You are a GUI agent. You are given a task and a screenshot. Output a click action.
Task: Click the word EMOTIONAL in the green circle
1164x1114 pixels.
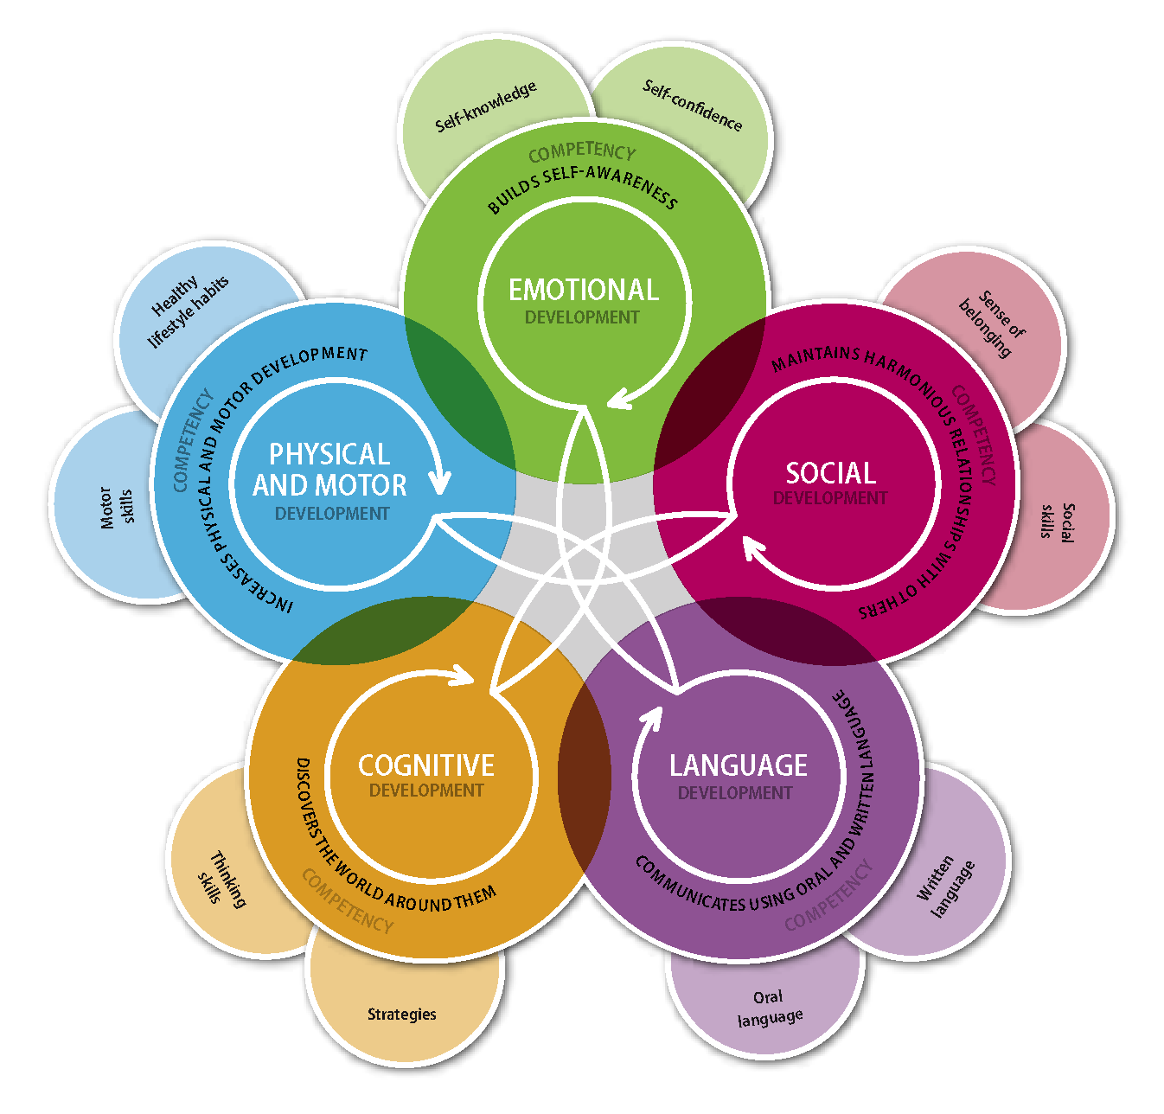[583, 290]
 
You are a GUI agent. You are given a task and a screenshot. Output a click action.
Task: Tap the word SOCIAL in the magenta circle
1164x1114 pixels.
[830, 473]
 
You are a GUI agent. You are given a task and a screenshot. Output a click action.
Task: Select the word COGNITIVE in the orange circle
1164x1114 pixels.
[426, 765]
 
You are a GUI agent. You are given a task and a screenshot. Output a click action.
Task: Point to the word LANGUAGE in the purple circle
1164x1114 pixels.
[738, 765]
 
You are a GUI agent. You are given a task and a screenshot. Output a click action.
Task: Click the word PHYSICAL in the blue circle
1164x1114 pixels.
[329, 455]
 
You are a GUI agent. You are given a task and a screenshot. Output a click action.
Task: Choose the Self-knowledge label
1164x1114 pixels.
[485, 106]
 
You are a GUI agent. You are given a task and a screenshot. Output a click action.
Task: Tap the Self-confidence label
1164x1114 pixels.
[692, 105]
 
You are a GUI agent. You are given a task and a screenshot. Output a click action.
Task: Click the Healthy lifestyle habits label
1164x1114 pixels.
[189, 310]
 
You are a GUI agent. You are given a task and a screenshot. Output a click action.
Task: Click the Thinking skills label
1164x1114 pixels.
[221, 880]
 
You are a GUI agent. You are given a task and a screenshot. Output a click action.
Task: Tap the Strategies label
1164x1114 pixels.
[401, 1014]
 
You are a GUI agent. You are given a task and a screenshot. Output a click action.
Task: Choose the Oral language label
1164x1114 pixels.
[769, 1008]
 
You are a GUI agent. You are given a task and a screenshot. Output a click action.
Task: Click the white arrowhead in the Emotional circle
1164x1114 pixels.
[617, 399]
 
